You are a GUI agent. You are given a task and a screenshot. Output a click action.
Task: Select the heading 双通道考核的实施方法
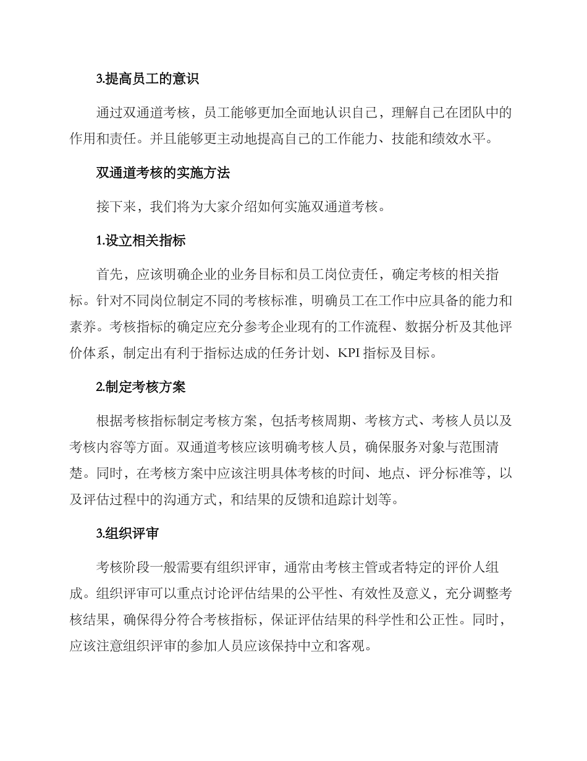click(163, 173)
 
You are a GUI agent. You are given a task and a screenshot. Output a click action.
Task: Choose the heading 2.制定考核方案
click(141, 387)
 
